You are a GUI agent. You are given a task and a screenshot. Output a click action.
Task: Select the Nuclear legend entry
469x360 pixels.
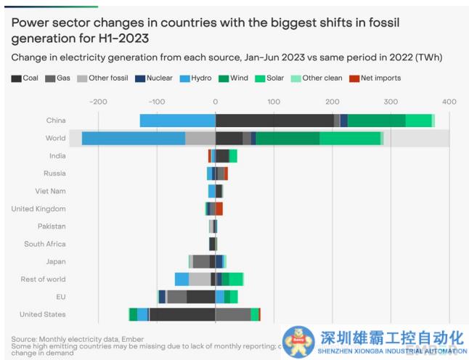(158, 78)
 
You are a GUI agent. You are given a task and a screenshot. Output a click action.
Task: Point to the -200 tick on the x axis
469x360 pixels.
(98, 101)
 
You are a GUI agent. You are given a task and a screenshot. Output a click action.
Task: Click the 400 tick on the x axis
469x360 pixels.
(449, 101)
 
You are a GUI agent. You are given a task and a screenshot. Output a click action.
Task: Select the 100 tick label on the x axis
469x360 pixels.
(274, 101)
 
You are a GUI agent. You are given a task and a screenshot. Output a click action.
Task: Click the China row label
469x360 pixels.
(55, 120)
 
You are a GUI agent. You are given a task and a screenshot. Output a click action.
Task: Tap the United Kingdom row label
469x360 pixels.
(38, 209)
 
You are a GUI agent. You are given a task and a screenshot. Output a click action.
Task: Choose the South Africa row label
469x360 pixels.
(44, 244)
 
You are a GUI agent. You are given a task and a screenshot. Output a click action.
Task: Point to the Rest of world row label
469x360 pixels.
(43, 279)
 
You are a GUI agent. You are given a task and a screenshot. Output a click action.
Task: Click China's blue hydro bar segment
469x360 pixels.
(177, 120)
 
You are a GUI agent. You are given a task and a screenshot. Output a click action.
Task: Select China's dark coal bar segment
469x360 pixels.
(274, 120)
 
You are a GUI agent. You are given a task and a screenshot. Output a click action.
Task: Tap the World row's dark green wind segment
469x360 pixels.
(287, 138)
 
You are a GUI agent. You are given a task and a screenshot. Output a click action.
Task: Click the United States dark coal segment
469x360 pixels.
(182, 314)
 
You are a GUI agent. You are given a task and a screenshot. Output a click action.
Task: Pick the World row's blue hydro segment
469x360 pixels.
(133, 138)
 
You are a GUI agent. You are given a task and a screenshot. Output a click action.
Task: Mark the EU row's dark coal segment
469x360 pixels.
(200, 297)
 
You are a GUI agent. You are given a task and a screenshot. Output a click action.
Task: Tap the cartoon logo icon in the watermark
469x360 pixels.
(297, 340)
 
